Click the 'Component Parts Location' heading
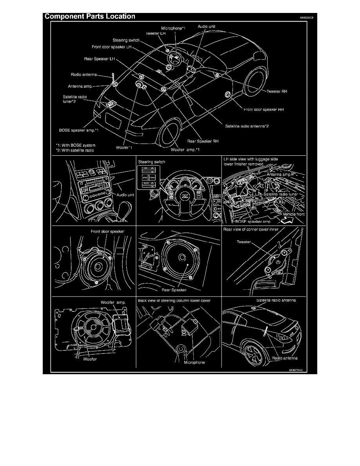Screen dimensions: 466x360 90,16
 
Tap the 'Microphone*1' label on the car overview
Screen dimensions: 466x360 173,29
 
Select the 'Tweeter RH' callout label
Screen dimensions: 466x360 276,91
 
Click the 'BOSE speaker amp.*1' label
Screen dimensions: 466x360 76,130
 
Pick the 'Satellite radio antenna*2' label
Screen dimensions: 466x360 247,126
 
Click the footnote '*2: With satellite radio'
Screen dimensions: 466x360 75,150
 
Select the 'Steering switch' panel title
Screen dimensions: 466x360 151,162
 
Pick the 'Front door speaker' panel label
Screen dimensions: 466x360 107,231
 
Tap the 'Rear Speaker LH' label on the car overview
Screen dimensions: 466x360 99,59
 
